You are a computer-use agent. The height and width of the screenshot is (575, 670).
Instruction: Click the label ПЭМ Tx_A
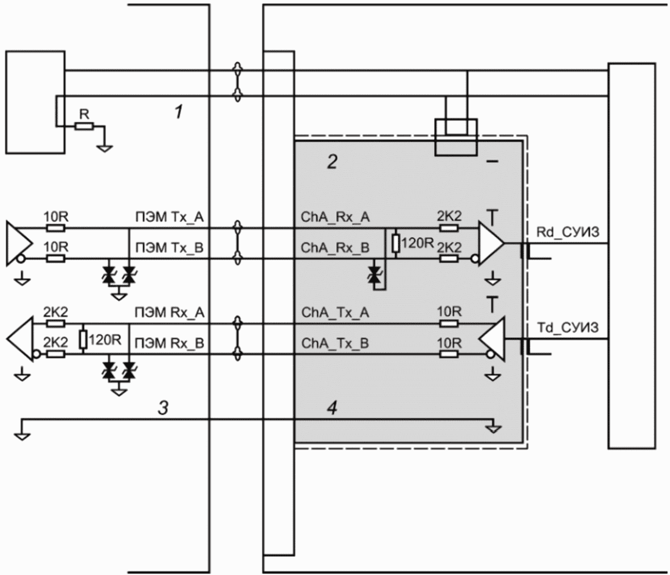[x=170, y=218]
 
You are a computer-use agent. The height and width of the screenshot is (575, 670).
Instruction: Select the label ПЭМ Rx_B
[x=170, y=343]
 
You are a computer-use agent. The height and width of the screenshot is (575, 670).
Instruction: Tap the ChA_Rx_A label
[x=336, y=217]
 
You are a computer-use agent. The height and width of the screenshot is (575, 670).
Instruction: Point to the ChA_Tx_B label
[x=335, y=343]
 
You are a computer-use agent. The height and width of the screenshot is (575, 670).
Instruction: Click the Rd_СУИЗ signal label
[x=568, y=232]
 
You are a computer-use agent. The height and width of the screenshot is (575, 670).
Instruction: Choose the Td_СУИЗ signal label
[x=568, y=328]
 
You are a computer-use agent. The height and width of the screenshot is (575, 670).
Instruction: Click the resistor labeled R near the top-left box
[x=84, y=126]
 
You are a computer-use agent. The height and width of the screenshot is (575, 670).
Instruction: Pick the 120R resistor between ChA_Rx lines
[x=396, y=244]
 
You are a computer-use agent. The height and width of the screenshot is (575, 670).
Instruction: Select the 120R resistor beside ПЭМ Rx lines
[x=83, y=340]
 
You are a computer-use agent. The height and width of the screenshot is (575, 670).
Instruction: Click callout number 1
[x=179, y=112]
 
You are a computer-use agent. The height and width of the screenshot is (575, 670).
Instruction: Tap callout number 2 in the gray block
[x=332, y=162]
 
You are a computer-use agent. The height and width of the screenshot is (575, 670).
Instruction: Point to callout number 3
[x=163, y=408]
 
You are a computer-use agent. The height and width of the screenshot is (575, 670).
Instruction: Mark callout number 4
[x=332, y=408]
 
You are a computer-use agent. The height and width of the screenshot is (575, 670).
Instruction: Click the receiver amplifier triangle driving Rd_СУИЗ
[x=491, y=244]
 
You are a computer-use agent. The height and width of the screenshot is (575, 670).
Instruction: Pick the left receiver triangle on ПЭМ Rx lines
[x=20, y=339]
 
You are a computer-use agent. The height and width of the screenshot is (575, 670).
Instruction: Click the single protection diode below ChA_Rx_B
[x=376, y=274]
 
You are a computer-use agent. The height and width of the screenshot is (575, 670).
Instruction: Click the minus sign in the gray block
[x=492, y=162]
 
